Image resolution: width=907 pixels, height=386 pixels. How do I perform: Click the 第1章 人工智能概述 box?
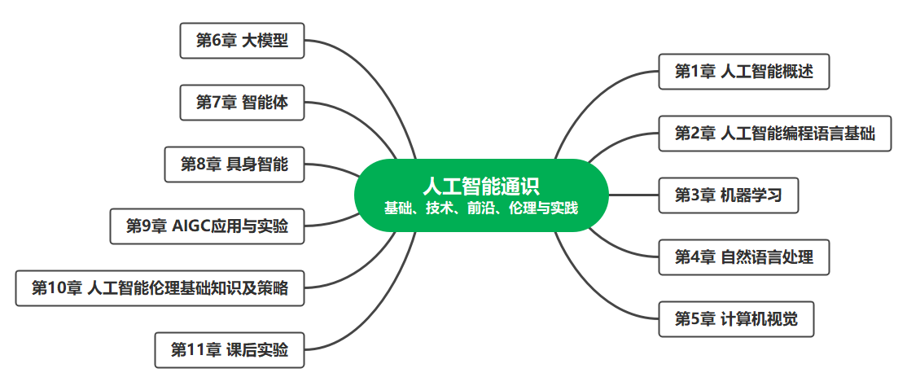744,72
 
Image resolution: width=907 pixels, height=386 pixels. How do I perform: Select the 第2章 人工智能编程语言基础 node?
774,133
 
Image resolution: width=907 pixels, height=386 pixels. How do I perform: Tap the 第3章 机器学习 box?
728,195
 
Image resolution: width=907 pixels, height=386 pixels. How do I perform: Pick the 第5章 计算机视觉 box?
736,319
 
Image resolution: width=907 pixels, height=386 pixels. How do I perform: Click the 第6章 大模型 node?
242,41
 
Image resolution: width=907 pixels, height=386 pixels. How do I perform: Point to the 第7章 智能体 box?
242,103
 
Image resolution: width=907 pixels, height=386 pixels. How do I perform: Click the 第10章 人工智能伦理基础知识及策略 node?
160,288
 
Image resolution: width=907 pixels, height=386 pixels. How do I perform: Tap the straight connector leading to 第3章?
633,195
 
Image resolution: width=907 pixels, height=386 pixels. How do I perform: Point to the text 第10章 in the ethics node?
56,288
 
